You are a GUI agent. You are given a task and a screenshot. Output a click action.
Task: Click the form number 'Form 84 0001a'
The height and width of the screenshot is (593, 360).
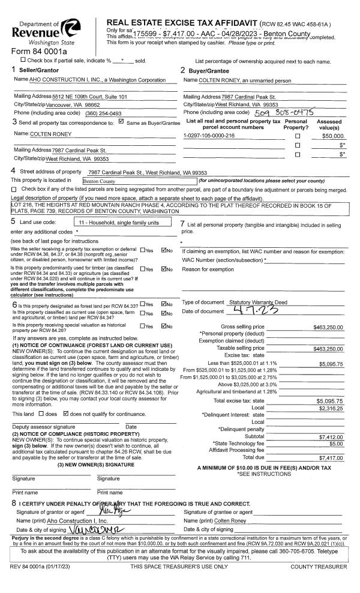35,50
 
